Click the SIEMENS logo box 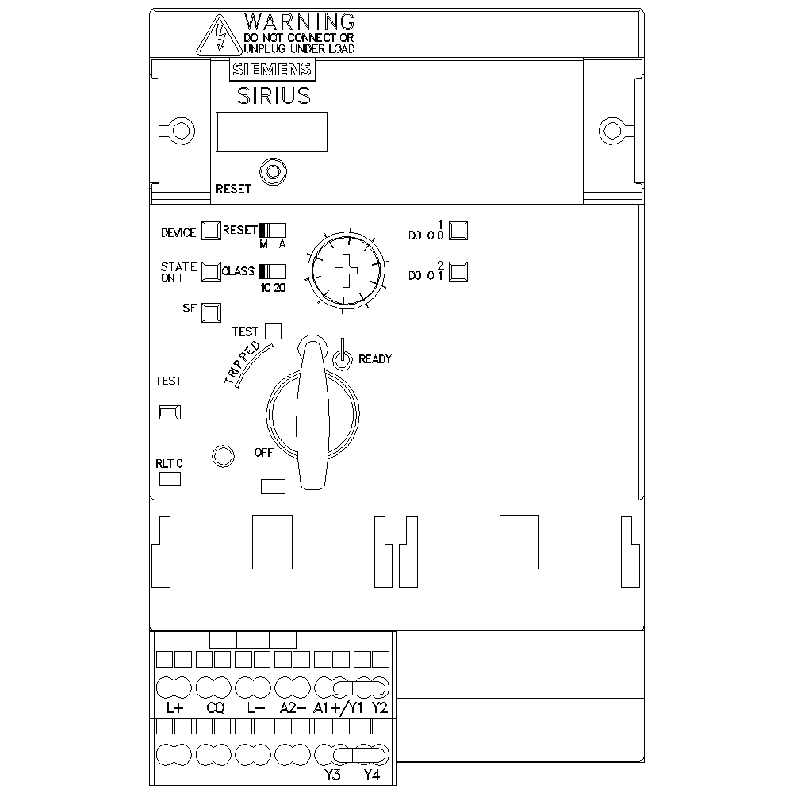[x=272, y=69]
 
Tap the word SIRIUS [x=274, y=96]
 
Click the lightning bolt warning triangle [x=219, y=35]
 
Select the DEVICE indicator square [x=211, y=231]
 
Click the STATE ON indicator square [x=211, y=271]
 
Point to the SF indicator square [x=211, y=312]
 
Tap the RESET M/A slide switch [x=273, y=231]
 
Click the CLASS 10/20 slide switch [x=273, y=271]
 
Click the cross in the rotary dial [x=346, y=271]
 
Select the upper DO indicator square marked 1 [x=458, y=231]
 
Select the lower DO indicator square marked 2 [x=458, y=271]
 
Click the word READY [x=375, y=359]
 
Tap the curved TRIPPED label [x=243, y=362]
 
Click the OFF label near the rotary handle [x=263, y=453]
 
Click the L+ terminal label [x=174, y=708]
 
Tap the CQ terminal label [x=216, y=708]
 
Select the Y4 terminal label [x=372, y=775]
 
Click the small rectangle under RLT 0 [x=170, y=479]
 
